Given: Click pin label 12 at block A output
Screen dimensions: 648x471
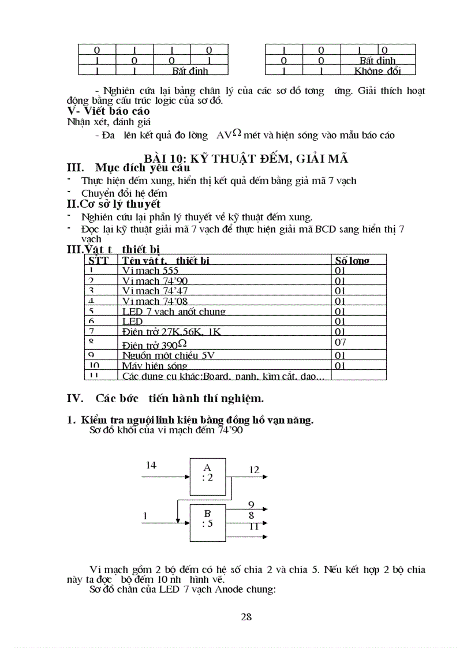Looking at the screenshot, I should [x=254, y=470].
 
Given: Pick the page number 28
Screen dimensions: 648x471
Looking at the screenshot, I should [x=246, y=617].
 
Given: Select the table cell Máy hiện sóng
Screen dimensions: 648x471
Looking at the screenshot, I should [x=155, y=366].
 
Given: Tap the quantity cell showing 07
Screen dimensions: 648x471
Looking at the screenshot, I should [x=341, y=343].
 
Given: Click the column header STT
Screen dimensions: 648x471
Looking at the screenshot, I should [x=99, y=260].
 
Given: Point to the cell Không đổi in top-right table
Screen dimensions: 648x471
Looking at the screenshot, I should [x=377, y=70].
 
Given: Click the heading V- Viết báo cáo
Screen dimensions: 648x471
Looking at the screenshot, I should [x=109, y=110].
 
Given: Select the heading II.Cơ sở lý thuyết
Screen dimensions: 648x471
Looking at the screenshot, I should [x=114, y=204].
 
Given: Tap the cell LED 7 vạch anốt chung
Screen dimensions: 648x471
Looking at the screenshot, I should [x=173, y=312].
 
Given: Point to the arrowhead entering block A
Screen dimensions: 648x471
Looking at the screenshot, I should [x=187, y=477].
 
